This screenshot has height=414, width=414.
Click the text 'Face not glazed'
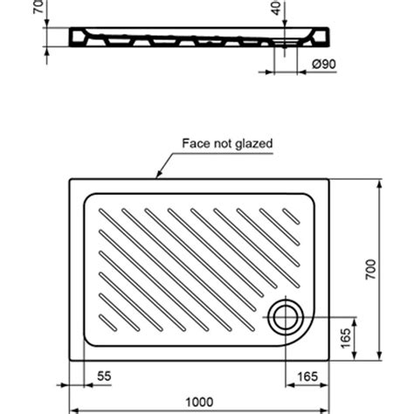[x=227, y=143]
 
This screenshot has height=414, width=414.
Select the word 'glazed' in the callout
[x=253, y=143]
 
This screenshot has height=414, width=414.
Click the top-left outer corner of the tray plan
[x=69, y=180]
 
